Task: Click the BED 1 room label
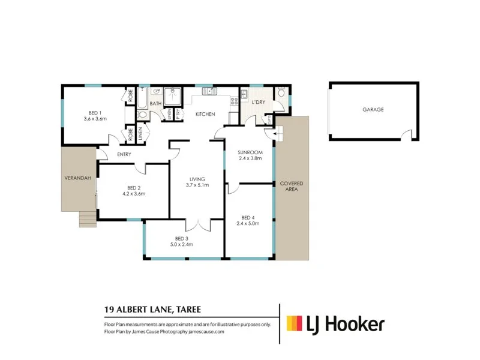tap(95, 112)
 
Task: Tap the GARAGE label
tap(373, 110)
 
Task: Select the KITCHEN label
tap(205, 114)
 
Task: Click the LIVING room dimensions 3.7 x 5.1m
tap(197, 185)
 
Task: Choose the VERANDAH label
tap(78, 178)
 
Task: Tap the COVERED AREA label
tap(292, 185)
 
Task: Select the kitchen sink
tap(210, 92)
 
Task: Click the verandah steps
tap(87, 219)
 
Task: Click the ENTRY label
tap(124, 155)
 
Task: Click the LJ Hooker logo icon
tap(295, 325)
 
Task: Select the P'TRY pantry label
tap(178, 113)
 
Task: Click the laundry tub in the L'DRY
tap(244, 94)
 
